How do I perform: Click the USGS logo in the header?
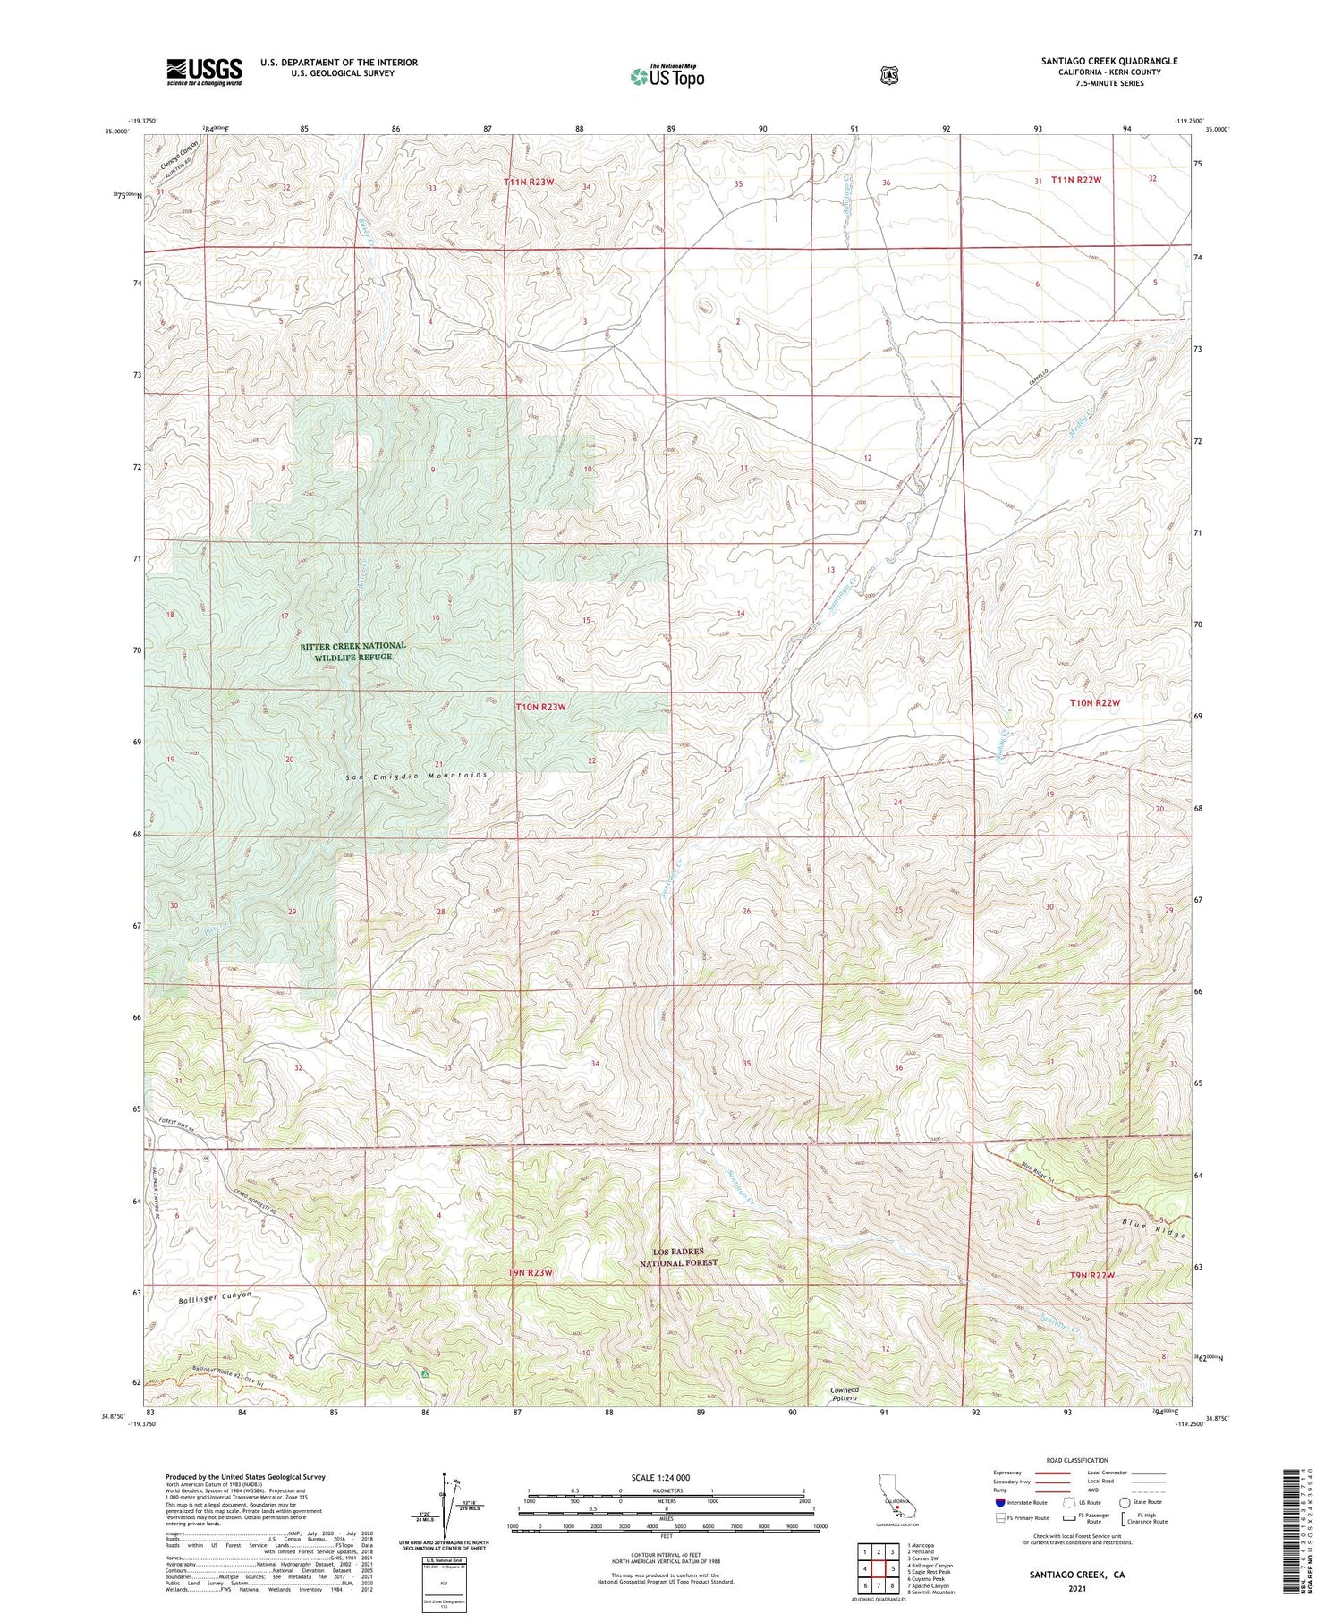pos(204,72)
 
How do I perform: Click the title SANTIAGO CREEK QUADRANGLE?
pos(1108,61)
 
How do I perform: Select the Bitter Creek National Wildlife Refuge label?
pos(352,650)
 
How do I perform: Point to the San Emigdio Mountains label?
pos(416,776)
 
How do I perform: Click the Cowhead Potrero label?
pos(844,1394)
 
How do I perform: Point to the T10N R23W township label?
pos(541,707)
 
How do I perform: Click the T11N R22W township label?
pos(1075,180)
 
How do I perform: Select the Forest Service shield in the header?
pos(888,76)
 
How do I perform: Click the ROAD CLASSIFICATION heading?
pos(1074,1460)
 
